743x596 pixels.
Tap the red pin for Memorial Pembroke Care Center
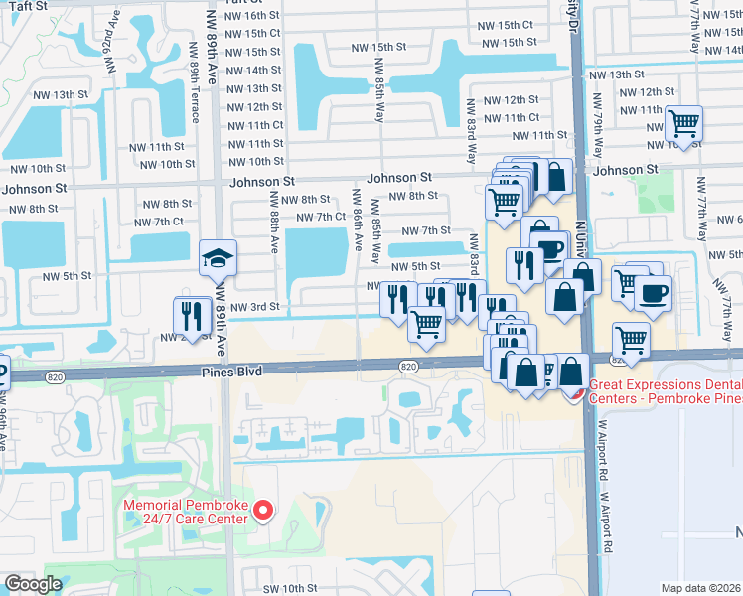pyautogui.click(x=263, y=511)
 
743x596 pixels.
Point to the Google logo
pyautogui.click(x=33, y=584)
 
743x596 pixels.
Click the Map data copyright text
pyautogui.click(x=701, y=587)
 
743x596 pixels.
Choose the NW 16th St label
pyautogui.click(x=252, y=16)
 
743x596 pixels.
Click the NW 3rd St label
pyautogui.click(x=254, y=308)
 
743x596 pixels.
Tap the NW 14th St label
pyautogui.click(x=252, y=71)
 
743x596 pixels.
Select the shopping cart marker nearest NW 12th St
pyautogui.click(x=683, y=123)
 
